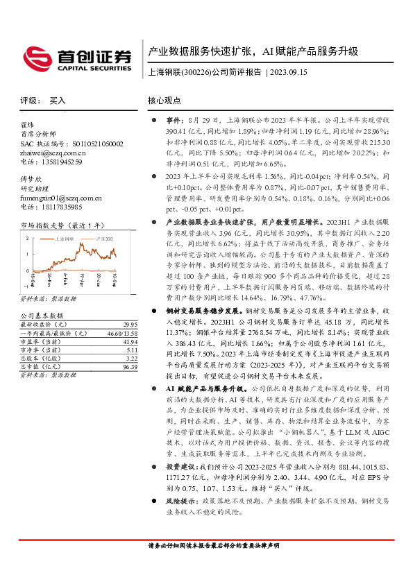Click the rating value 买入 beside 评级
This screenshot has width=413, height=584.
[58, 101]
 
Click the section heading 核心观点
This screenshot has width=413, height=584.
[165, 101]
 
